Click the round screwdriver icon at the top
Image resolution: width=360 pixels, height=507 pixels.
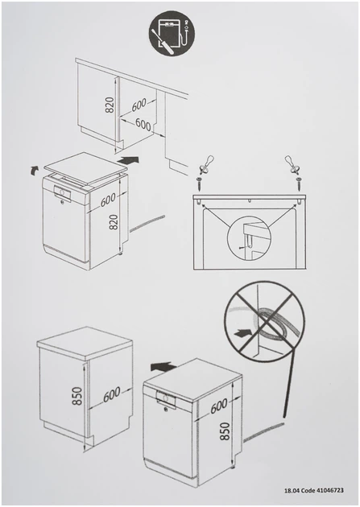pos(172,33)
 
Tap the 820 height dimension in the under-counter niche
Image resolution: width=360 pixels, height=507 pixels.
pos(110,105)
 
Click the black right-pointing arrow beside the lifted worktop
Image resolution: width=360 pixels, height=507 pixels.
pos(128,159)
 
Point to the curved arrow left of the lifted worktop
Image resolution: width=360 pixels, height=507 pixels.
pos(33,170)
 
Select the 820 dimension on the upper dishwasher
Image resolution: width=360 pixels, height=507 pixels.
pos(114,222)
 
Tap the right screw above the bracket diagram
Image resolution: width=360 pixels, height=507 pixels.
pos(298,183)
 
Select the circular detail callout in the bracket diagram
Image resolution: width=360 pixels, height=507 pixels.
pos(248,239)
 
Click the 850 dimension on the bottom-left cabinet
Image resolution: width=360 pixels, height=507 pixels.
pos(77,396)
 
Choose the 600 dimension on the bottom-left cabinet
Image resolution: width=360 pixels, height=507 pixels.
pos(112,395)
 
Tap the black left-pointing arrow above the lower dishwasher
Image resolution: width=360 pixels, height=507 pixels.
pos(163,366)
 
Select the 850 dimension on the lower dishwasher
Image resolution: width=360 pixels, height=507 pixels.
pos(225,431)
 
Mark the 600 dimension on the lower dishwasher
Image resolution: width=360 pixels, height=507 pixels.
pos(218,406)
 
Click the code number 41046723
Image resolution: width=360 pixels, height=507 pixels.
pos(329,491)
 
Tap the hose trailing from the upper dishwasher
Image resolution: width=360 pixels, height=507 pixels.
pos(147,224)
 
